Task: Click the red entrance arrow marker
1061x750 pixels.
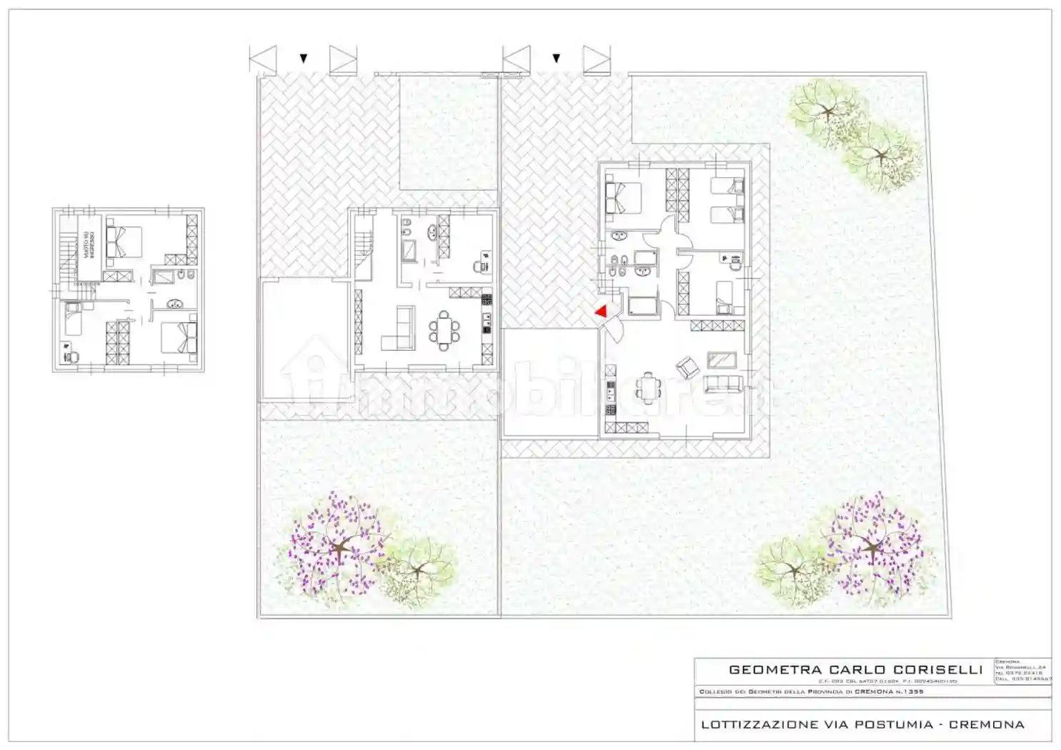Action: pos(602,311)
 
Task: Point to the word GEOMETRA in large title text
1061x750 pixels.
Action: pos(775,670)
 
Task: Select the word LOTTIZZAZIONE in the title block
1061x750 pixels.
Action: pos(759,724)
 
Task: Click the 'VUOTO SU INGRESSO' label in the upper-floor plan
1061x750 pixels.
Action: pos(87,245)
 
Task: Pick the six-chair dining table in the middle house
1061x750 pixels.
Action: pos(444,331)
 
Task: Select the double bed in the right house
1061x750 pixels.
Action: pos(623,197)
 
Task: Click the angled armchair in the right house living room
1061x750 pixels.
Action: pos(688,367)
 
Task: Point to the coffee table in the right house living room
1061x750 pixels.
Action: pos(722,359)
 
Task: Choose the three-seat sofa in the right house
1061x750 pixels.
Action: pos(721,384)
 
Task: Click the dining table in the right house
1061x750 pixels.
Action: pos(649,388)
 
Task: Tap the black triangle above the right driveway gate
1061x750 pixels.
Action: pos(556,59)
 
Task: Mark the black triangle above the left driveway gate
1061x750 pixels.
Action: pos(304,59)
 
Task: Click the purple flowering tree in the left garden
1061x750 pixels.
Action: pos(339,546)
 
